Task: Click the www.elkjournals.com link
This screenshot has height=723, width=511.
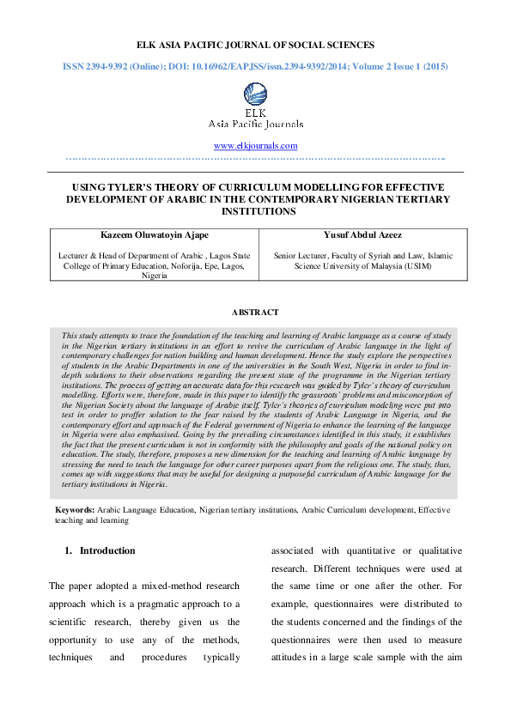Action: click(255, 146)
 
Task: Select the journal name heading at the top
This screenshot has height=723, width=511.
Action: click(255, 44)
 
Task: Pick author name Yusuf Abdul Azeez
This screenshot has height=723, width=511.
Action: click(362, 234)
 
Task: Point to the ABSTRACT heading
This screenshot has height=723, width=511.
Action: click(255, 313)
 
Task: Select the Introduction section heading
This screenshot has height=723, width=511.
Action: click(107, 550)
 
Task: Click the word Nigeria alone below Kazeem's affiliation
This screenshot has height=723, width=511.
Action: click(155, 276)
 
